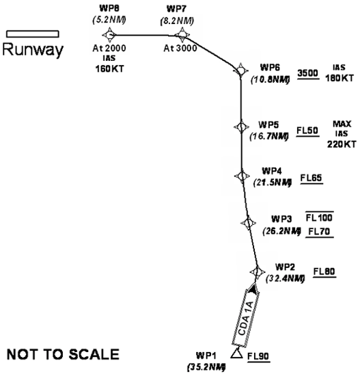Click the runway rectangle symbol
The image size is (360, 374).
coord(33,34)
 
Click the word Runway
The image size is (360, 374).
coord(33,50)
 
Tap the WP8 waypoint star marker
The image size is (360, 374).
coord(109,35)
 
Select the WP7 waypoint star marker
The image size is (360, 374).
coord(182,35)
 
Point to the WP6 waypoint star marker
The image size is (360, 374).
coord(240,70)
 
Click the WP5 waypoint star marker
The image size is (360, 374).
coord(241,127)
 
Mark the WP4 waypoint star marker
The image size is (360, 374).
coord(242,176)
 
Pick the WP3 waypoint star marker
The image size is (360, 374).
coord(248,223)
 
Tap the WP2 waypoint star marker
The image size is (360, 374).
coord(258,271)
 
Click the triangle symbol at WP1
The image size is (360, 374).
coord(237,353)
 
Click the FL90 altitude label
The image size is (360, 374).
coord(258,356)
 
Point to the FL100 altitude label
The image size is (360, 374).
coord(319,217)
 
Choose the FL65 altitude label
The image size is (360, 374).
coord(311,178)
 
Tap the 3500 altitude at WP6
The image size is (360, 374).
coord(308,73)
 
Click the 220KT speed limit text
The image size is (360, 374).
coord(342,144)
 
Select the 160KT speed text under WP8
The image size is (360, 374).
coord(109,69)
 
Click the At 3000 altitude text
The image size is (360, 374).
coord(180,48)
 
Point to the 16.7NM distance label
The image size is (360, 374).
coord(269,136)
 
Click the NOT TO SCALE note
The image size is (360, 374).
coord(63,354)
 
